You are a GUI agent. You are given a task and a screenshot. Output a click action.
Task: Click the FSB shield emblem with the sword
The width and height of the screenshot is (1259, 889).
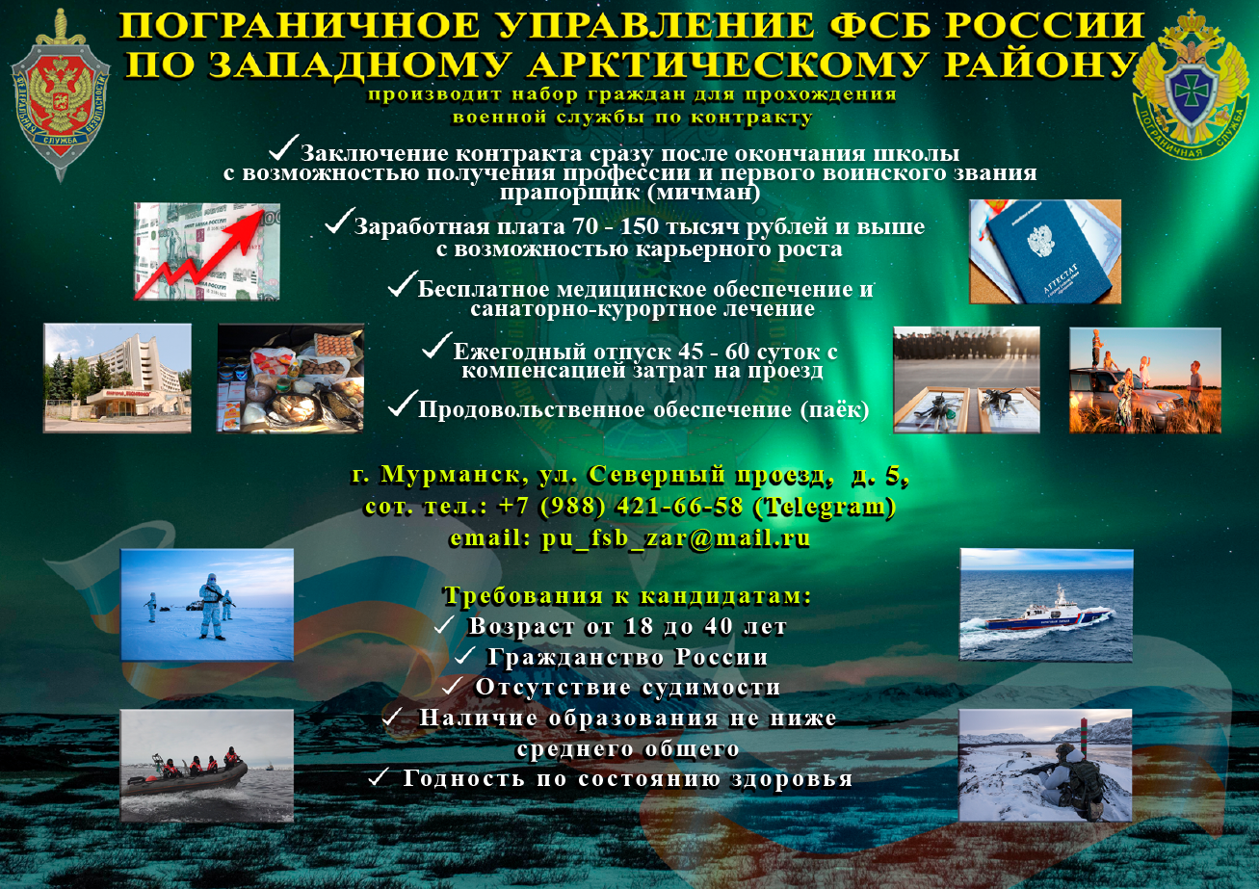(x=60, y=95)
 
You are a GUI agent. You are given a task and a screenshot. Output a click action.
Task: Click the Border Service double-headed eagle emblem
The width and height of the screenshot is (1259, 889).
(x=1190, y=85)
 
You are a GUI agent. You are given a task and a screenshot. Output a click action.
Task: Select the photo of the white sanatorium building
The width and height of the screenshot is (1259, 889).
(x=118, y=378)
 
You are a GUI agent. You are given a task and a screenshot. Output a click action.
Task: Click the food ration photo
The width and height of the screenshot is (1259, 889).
(x=291, y=379)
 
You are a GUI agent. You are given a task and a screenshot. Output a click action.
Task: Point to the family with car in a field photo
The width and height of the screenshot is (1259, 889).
(x=1145, y=380)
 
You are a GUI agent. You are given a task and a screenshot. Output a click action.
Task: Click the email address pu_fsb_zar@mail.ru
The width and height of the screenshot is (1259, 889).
(x=675, y=538)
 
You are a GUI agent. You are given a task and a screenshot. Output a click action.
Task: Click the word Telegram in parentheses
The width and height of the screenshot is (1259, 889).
(x=824, y=507)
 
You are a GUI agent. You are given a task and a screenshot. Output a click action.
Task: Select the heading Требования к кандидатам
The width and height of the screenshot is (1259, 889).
(x=628, y=595)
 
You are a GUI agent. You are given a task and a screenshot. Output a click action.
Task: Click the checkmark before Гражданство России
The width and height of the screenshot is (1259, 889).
(x=465, y=655)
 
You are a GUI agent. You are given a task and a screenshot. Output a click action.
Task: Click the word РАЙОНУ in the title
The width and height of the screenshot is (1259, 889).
(x=1039, y=65)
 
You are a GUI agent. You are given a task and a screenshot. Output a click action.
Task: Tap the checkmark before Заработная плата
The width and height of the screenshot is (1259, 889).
(x=339, y=221)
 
